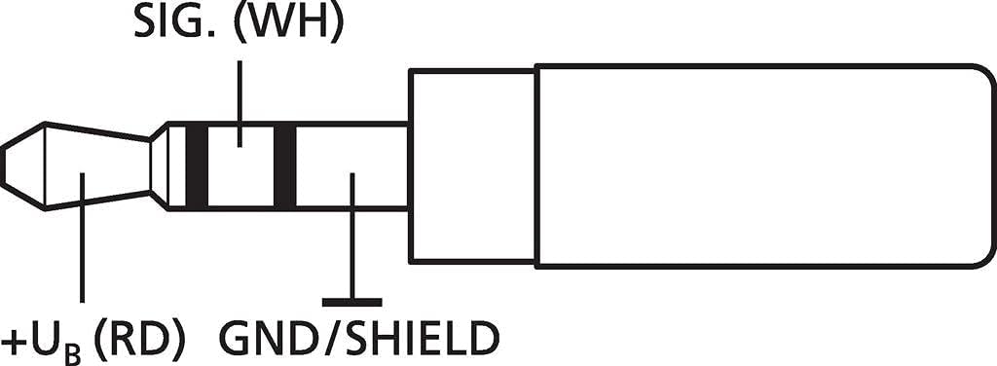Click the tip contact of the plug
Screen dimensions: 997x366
tap(76, 165)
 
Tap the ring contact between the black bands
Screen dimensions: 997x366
tap(240, 165)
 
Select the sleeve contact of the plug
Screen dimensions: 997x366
tap(351, 165)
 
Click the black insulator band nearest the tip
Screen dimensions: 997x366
tap(197, 165)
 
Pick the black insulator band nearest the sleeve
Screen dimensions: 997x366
tap(285, 165)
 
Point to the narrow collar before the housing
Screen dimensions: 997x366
tap(472, 165)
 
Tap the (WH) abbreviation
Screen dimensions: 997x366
tap(288, 23)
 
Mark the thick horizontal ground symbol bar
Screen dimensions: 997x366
tap(351, 303)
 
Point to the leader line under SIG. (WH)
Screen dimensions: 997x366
tap(240, 104)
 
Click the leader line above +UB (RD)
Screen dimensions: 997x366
tap(82, 237)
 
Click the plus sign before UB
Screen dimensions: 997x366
tap(14, 342)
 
